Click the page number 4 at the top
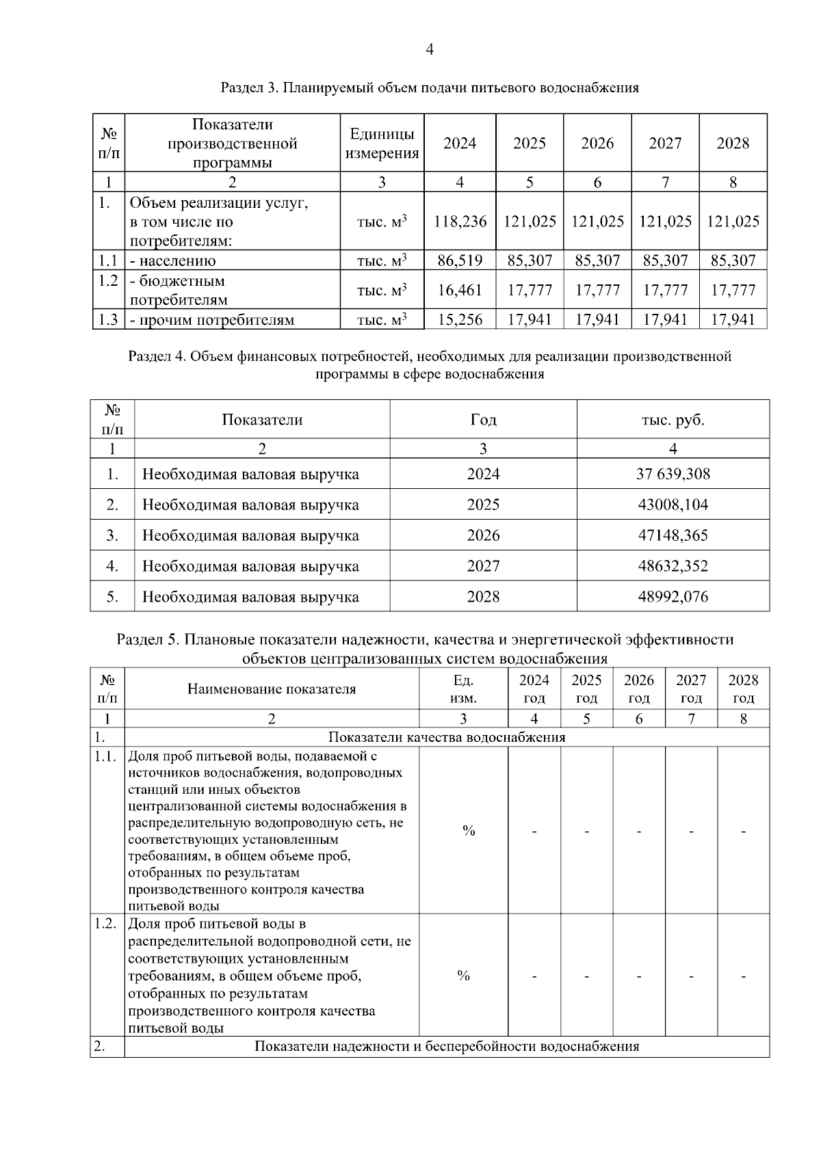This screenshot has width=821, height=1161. tap(430, 49)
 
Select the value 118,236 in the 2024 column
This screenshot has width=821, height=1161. tap(460, 222)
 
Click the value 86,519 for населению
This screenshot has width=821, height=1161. tap(460, 261)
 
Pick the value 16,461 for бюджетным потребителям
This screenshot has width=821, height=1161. tap(460, 290)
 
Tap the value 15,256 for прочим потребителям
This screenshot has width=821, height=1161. tap(460, 319)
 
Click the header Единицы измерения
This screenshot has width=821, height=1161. tap(382, 144)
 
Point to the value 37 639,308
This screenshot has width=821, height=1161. tap(673, 474)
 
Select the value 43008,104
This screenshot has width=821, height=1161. tap(673, 505)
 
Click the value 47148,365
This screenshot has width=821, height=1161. tap(673, 535)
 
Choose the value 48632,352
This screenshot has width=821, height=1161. tap(673, 566)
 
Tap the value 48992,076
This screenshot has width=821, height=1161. tap(673, 597)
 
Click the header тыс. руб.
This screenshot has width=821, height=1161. tap(673, 420)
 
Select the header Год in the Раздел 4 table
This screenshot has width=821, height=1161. tap(483, 420)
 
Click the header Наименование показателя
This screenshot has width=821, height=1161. tap(272, 689)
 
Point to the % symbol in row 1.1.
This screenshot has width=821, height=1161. tap(469, 831)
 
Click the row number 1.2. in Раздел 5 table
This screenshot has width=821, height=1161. tap(106, 924)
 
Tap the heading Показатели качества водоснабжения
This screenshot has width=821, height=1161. tap(447, 737)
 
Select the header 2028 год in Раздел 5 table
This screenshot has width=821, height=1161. tap(743, 689)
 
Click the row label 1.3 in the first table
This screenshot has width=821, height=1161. tap(108, 319)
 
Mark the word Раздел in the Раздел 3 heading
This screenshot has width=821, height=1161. tap(242, 88)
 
